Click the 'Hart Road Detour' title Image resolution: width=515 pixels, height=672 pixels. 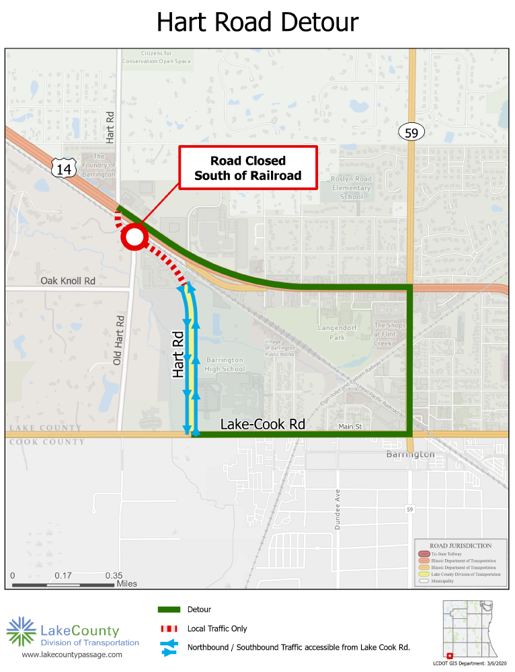coord(257,22)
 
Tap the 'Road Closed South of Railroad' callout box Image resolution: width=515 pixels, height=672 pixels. coord(247,168)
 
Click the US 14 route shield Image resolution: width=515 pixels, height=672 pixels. coord(63,168)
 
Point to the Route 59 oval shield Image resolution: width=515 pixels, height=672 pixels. coord(411,133)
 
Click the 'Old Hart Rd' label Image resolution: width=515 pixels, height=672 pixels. coord(119,340)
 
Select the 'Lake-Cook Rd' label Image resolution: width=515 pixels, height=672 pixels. coord(263,425)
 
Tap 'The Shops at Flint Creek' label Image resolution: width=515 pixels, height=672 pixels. coord(390,335)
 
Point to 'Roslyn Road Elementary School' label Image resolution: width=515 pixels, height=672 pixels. coord(351,187)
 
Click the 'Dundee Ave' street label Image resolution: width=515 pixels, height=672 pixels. coord(338,509)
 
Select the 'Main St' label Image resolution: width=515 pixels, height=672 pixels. coord(350,426)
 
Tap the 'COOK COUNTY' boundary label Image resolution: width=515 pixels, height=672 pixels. coord(45,442)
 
